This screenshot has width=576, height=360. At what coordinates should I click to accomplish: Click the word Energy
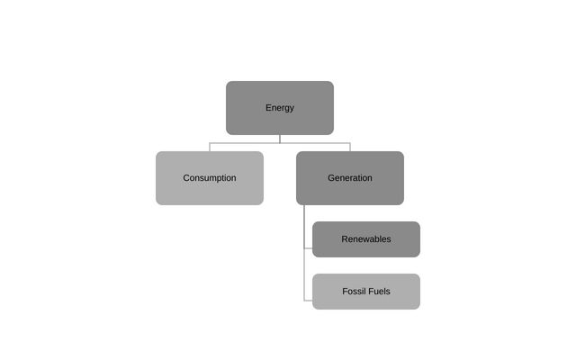[x=279, y=108]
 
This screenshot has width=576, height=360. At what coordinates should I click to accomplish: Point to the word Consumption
[x=209, y=178]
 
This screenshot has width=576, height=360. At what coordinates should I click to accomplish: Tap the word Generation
[x=349, y=178]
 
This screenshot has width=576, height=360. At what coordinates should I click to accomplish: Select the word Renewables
[x=365, y=239]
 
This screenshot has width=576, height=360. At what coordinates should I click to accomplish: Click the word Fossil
[x=355, y=292]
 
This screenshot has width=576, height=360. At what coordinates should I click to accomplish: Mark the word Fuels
[x=380, y=292]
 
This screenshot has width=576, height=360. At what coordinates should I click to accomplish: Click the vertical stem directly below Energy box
[x=279, y=139]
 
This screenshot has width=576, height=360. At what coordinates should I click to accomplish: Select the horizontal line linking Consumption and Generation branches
[x=243, y=143]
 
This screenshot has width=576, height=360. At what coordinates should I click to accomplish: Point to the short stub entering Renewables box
[x=308, y=248]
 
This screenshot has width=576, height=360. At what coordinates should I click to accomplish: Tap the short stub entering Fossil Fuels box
[x=309, y=301]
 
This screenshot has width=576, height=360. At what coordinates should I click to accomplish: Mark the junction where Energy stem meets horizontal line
[x=279, y=143]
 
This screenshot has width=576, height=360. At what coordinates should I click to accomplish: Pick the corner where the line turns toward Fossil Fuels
[x=304, y=301]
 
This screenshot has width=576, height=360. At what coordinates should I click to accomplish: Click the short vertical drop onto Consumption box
[x=210, y=148]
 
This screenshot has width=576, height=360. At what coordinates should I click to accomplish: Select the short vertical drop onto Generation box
[x=349, y=148]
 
